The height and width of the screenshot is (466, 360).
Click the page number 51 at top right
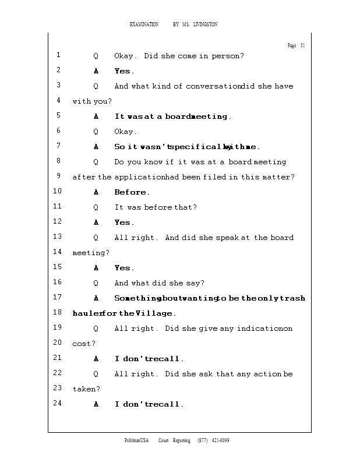pos(303,45)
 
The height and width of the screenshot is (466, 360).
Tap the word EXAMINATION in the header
pos(144,24)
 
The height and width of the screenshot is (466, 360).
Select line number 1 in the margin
pos(59,55)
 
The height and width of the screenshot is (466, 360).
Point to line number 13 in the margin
pos(57,236)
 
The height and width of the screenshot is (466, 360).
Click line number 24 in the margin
pos(57,403)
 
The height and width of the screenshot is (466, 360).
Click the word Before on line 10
pos(130,192)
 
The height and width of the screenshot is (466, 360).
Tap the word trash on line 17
pos(292,298)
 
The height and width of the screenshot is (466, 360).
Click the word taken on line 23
pos(84,389)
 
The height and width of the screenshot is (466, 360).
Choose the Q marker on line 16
pos(96,283)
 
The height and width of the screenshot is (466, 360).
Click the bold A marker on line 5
pos(96,116)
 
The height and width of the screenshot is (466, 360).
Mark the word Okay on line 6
pos(125,132)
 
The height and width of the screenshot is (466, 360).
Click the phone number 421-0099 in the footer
pos(220,440)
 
